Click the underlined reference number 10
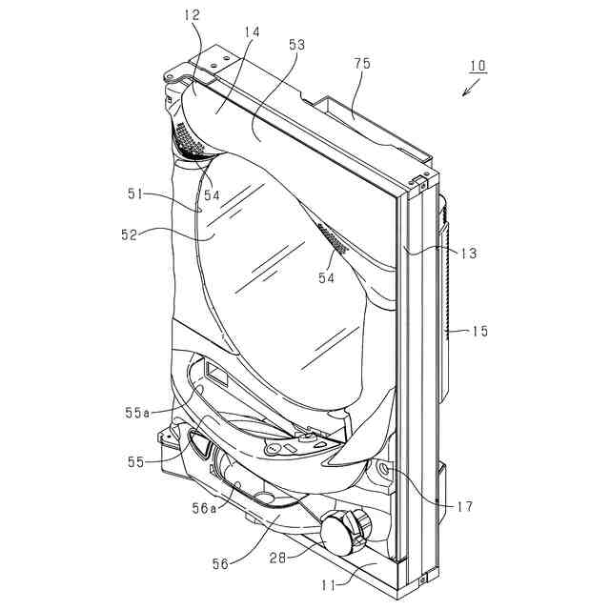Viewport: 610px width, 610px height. [x=478, y=67]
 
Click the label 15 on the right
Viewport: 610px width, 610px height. [x=479, y=331]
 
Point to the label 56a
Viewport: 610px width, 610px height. [x=204, y=509]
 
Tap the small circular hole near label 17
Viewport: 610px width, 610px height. [x=384, y=470]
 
